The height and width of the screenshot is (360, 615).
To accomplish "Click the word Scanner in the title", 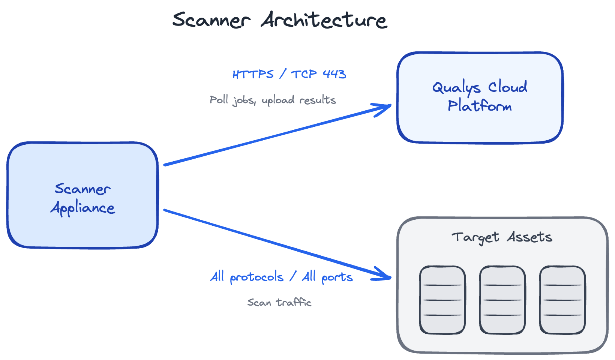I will tap(211, 20).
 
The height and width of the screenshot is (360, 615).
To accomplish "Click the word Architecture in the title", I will tap(324, 20).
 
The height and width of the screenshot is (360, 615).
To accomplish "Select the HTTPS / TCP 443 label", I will tap(289, 74).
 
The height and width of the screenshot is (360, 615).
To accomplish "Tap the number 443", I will tap(334, 74).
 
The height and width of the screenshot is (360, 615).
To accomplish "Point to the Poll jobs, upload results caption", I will tap(273, 100).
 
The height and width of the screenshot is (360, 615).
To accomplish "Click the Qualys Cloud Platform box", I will tap(480, 124).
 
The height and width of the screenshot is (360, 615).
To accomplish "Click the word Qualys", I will tap(456, 88).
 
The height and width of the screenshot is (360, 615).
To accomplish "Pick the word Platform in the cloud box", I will tap(480, 106).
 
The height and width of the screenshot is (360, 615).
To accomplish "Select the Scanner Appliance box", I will tap(82, 229).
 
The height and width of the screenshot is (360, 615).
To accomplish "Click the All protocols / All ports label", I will tap(281, 277).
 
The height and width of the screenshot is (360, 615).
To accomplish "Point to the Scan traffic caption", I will tap(279, 302).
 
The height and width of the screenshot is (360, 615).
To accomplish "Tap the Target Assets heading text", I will tap(502, 237).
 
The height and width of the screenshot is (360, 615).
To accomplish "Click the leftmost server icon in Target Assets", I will tap(442, 300).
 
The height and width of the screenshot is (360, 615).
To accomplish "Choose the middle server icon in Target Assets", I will tap(502, 300).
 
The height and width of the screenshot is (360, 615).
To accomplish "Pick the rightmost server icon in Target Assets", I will tap(562, 300).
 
